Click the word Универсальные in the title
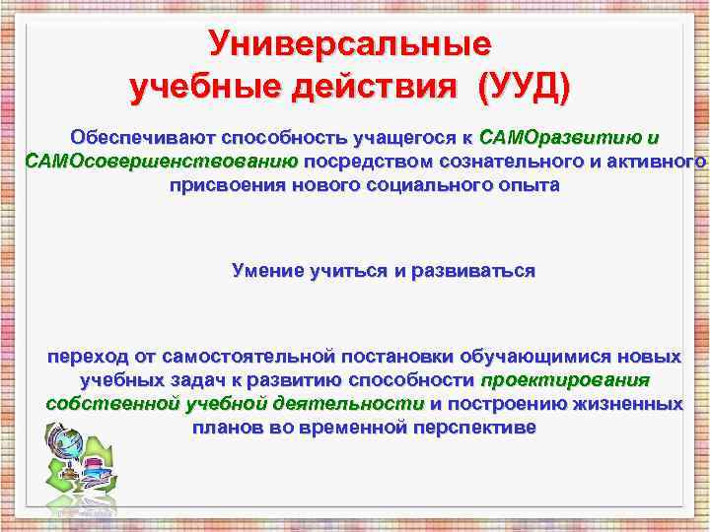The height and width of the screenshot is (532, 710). (x=350, y=44)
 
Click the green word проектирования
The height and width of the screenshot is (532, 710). (x=564, y=379)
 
